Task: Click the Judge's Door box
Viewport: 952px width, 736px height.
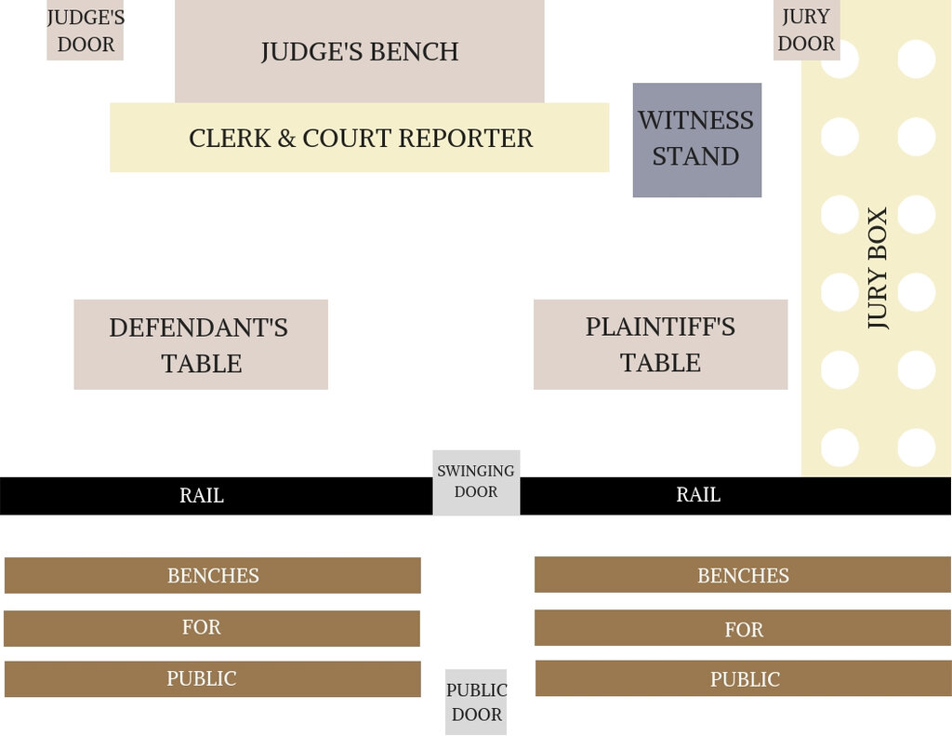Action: tap(85, 31)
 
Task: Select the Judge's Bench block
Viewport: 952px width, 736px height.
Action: tap(360, 51)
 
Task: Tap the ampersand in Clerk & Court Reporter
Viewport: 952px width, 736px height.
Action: tap(286, 139)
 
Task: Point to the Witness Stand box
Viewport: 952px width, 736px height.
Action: tap(697, 140)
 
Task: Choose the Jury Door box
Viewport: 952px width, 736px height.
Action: tap(806, 31)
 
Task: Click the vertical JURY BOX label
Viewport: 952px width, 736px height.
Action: tap(878, 268)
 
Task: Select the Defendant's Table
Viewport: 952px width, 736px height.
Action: tap(201, 344)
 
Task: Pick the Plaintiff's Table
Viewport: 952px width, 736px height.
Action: tap(661, 344)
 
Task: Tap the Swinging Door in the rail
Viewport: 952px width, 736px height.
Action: tap(476, 483)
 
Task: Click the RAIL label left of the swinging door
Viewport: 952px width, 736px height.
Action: tap(202, 495)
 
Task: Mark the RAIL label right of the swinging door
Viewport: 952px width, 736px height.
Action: tap(698, 495)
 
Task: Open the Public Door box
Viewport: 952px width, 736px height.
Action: tap(476, 702)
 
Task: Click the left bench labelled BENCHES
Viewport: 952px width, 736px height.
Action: tap(213, 576)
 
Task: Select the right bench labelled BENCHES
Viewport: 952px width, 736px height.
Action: tap(743, 575)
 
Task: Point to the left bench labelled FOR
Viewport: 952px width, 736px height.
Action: tap(212, 628)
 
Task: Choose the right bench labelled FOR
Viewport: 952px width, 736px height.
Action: tap(743, 628)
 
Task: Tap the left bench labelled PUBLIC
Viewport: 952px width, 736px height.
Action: tap(213, 679)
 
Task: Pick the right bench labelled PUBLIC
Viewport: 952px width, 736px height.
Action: tap(743, 678)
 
